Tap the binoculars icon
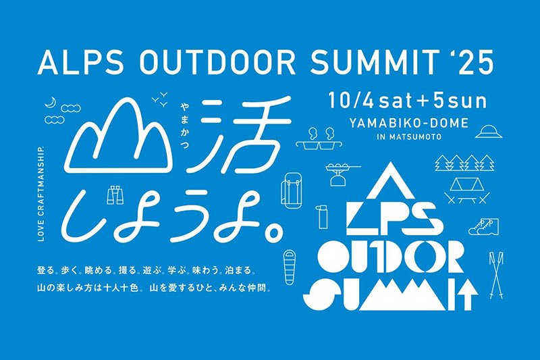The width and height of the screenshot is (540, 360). (115, 195)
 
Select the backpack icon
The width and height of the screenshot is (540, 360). (292, 190)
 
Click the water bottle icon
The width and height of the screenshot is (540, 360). (323, 217)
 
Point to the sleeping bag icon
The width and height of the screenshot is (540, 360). (290, 267)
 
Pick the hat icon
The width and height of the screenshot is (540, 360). (489, 132)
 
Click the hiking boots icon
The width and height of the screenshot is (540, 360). (483, 226)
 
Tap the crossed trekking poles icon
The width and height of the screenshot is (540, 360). (496, 275)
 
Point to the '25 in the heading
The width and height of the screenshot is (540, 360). (475, 63)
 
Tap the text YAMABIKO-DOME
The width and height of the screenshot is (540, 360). (409, 123)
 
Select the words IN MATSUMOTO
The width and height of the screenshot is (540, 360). (409, 136)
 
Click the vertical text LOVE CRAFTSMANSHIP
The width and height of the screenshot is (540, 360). (41, 194)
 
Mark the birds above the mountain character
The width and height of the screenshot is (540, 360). (160, 98)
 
